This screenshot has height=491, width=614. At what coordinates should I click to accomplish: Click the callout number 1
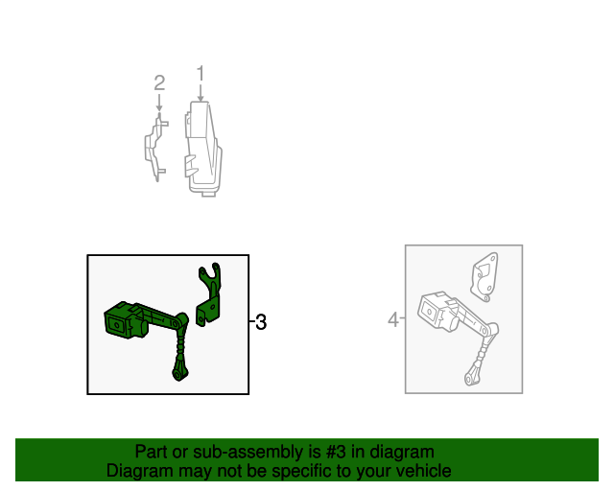tap(201, 73)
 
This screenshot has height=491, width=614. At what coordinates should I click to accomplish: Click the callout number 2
tap(160, 82)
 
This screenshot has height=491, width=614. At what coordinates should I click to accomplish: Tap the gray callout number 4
tap(393, 319)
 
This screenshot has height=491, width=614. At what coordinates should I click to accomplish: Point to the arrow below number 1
tap(201, 94)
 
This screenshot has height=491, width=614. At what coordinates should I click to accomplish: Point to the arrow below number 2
tap(160, 109)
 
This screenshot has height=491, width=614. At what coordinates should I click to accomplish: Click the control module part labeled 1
tap(203, 149)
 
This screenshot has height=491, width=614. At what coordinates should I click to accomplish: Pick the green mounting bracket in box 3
tap(212, 292)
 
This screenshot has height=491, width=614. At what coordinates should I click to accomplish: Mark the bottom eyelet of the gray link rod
tap(471, 381)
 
